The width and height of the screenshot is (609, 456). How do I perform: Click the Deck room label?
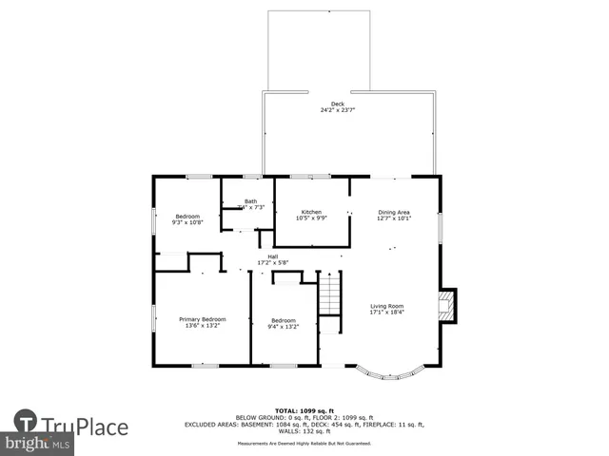click(338, 104)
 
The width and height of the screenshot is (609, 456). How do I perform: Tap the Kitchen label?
click(311, 212)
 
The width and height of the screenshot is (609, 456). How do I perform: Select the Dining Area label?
click(393, 212)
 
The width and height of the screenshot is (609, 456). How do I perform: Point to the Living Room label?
click(386, 306)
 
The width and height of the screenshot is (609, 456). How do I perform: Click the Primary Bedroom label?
click(203, 319)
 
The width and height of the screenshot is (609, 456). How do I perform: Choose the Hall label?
click(272, 256)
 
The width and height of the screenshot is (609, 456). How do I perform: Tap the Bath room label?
click(250, 201)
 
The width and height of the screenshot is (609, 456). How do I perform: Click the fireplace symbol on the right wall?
click(446, 305)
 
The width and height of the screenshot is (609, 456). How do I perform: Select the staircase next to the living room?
click(329, 293)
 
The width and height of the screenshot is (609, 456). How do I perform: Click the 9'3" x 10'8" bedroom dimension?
click(187, 222)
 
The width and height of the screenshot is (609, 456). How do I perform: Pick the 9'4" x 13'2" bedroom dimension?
click(284, 326)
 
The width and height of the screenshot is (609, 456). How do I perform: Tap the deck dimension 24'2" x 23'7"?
click(338, 110)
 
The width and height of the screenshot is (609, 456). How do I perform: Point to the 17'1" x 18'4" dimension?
click(386, 313)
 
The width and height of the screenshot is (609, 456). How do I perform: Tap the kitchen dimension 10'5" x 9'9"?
click(311, 218)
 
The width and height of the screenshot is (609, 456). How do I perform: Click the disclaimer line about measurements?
click(304, 444)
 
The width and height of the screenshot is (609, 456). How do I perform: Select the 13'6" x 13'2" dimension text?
click(203, 326)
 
